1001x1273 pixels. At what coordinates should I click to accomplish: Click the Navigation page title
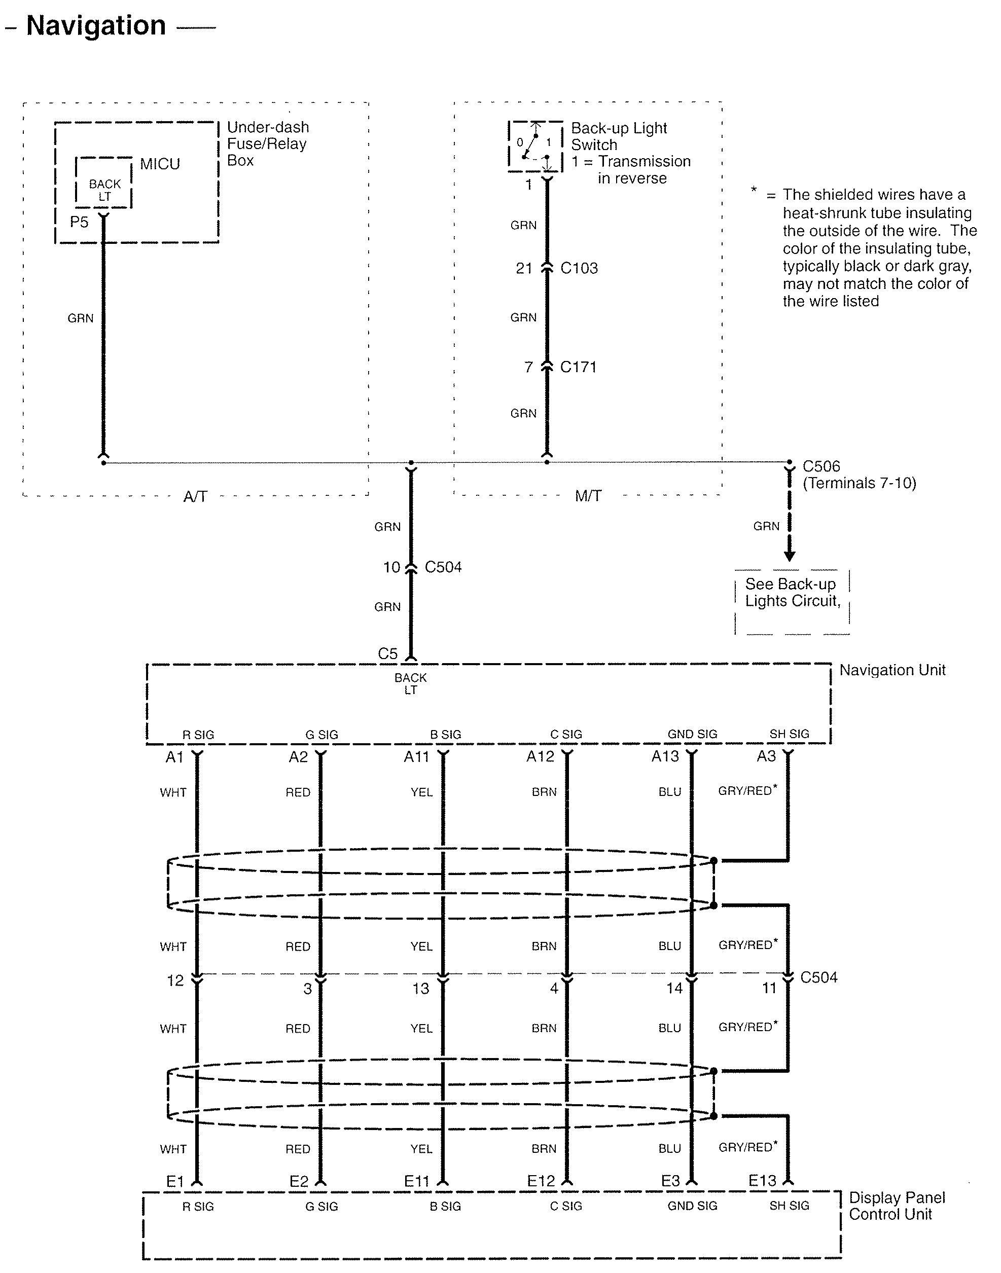pyautogui.click(x=96, y=26)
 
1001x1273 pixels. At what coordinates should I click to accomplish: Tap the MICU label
pyautogui.click(x=159, y=164)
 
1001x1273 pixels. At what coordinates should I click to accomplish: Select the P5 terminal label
pyautogui.click(x=79, y=222)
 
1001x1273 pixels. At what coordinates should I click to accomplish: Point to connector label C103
pyautogui.click(x=579, y=268)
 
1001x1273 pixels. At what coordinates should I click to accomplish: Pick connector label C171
pyautogui.click(x=578, y=368)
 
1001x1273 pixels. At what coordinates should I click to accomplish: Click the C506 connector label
pyautogui.click(x=821, y=466)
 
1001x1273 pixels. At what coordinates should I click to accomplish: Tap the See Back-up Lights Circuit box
pyautogui.click(x=792, y=601)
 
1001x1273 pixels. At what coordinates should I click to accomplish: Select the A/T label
pyautogui.click(x=195, y=497)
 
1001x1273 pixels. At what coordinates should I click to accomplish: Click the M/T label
pyautogui.click(x=588, y=496)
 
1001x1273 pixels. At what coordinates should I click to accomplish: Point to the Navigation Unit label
pyautogui.click(x=892, y=670)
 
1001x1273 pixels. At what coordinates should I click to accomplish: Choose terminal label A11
pyautogui.click(x=416, y=757)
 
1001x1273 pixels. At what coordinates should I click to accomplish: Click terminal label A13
pyautogui.click(x=665, y=757)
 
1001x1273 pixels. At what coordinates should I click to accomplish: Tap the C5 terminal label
pyautogui.click(x=387, y=654)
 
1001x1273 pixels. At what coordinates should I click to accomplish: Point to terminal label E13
pyautogui.click(x=762, y=1181)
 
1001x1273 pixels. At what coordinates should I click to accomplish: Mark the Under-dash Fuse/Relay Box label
pyautogui.click(x=267, y=143)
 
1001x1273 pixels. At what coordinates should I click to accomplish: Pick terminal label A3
pyautogui.click(x=766, y=757)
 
